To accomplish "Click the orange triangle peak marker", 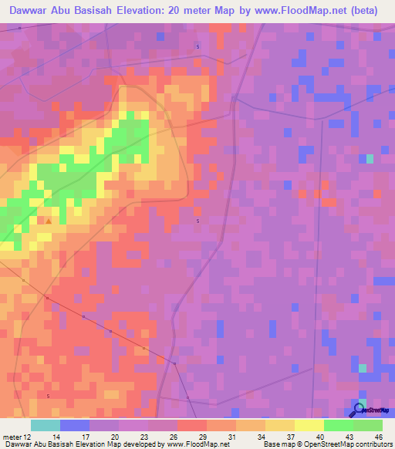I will pyautogui.click(x=49, y=221).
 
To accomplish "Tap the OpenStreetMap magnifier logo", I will pyautogui.click(x=359, y=410).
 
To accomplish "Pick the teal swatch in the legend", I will pyautogui.click(x=45, y=425).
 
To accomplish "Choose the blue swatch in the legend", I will pyautogui.click(x=74, y=425).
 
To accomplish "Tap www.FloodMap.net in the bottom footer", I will pyautogui.click(x=197, y=444).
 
